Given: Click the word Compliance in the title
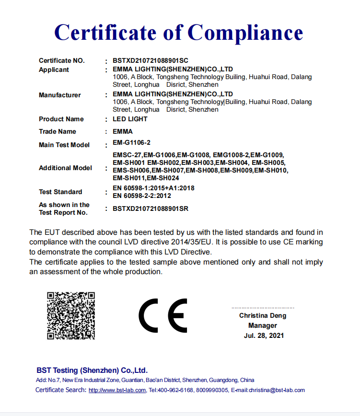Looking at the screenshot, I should [x=245, y=33].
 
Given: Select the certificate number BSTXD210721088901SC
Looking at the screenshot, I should [x=151, y=61].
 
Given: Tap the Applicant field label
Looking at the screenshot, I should [x=54, y=70].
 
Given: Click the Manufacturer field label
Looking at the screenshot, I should [x=59, y=95].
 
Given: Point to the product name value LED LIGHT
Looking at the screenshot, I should [x=130, y=119].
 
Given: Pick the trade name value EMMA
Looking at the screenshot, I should [x=122, y=131].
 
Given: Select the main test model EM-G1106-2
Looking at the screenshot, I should [x=132, y=143].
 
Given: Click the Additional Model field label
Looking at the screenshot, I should [x=65, y=168].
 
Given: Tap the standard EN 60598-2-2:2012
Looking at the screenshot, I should [x=142, y=196].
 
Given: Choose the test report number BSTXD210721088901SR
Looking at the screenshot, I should [x=151, y=208].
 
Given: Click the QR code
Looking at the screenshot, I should [x=70, y=315].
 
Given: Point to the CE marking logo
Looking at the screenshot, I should [x=163, y=315].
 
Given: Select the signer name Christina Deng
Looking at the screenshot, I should [x=263, y=316].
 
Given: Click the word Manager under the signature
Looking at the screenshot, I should [x=263, y=325].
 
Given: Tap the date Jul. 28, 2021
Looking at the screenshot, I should [x=264, y=335].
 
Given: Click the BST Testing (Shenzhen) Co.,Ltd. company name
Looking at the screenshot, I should [x=92, y=370].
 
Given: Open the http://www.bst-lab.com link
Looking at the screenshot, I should [x=117, y=390].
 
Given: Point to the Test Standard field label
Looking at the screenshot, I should [x=60, y=192].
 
